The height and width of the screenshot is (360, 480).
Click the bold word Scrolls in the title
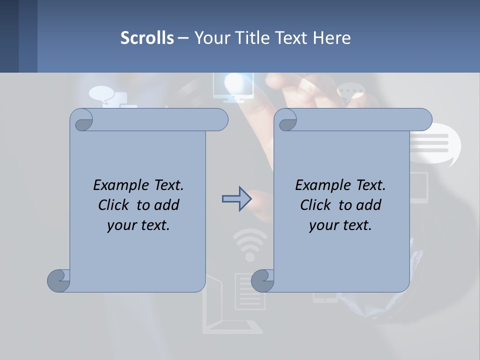(147, 38)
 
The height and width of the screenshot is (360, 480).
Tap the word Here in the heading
(331, 38)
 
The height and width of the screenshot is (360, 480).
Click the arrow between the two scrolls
(236, 199)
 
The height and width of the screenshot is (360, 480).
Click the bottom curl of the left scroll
(58, 280)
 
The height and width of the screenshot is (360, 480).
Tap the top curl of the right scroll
(287, 120)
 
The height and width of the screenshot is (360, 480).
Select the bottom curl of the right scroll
(262, 280)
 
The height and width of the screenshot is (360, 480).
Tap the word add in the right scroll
(369, 205)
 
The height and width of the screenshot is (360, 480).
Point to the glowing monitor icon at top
(232, 86)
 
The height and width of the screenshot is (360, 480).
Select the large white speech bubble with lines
(434, 145)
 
